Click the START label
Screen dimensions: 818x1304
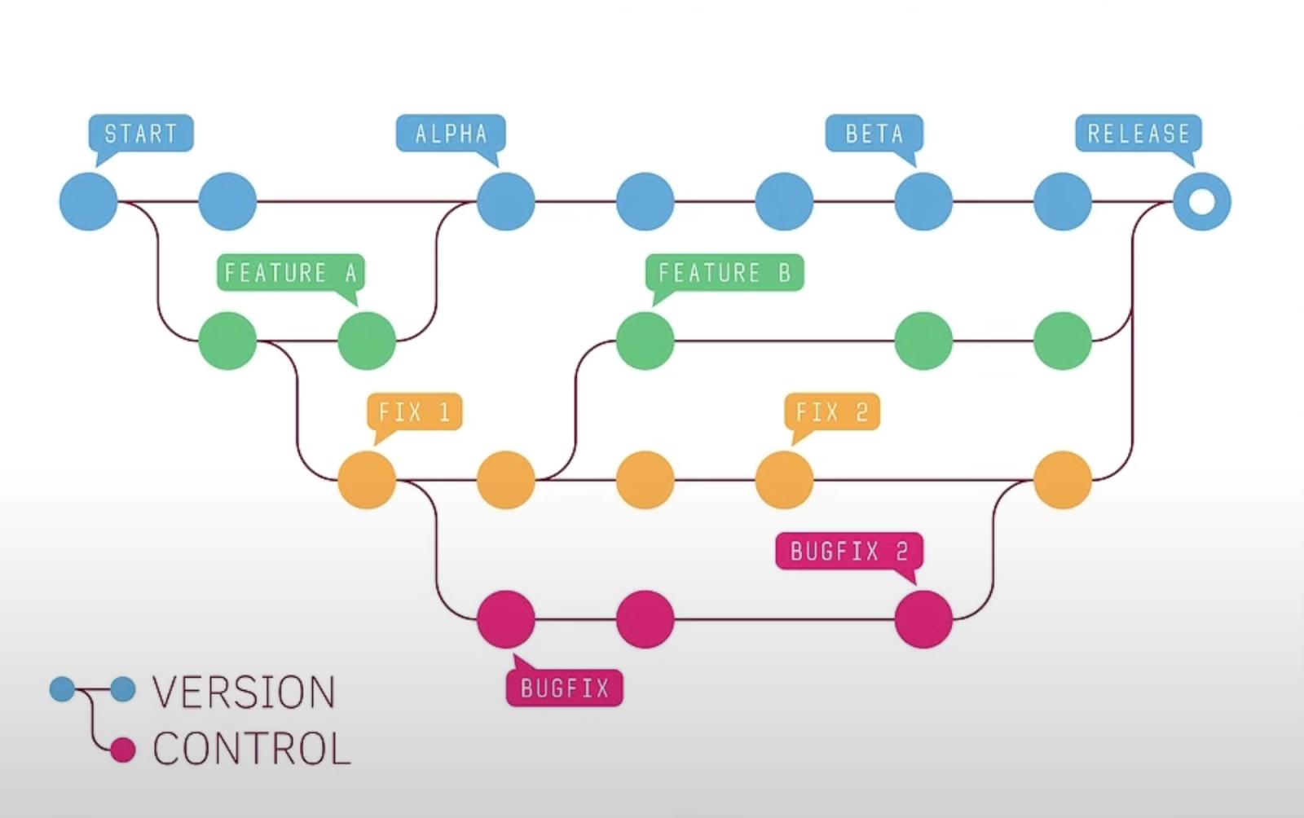click(x=140, y=133)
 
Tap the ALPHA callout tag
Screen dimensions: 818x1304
click(x=451, y=133)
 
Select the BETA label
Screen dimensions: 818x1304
click(x=874, y=133)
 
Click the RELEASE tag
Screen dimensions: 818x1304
click(x=1139, y=133)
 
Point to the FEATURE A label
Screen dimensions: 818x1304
click(x=291, y=272)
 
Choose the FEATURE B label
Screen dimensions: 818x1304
click(x=725, y=272)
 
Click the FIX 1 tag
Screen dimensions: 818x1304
click(x=414, y=412)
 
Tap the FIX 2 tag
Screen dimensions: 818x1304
click(x=831, y=412)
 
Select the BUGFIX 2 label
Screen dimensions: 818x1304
click(x=849, y=552)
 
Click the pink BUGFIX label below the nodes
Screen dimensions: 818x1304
click(x=565, y=688)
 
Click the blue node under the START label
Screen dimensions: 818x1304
click(x=89, y=201)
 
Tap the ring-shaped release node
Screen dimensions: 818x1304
click(x=1202, y=201)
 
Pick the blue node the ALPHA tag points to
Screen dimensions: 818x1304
click(x=506, y=201)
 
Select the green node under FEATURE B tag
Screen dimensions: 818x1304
click(x=645, y=341)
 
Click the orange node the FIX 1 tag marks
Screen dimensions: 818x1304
click(x=367, y=480)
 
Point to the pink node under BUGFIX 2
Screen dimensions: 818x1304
click(x=923, y=619)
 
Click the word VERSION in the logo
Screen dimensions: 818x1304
click(x=244, y=693)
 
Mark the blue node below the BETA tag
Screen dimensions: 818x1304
click(x=923, y=201)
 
